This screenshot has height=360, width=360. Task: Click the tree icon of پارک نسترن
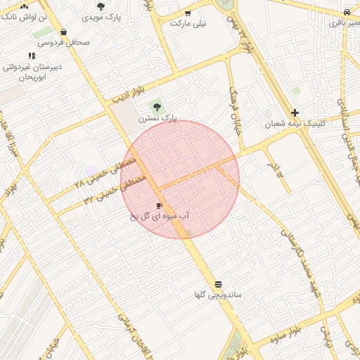pos(157,108)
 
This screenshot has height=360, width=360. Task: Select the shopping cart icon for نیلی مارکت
pos(187,13)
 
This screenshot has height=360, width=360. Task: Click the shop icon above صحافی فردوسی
pos(64,32)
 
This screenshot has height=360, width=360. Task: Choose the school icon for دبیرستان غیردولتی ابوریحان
pos(32,56)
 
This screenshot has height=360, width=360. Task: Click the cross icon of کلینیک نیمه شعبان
pos(295,112)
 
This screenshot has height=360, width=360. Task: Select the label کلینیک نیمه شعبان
pos(295,124)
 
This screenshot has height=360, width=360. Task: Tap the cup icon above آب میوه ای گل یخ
pos(159,205)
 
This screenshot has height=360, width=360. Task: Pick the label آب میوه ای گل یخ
pos(160,217)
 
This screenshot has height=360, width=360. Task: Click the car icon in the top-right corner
pos(347,12)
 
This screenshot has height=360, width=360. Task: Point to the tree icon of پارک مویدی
pos(101,6)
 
